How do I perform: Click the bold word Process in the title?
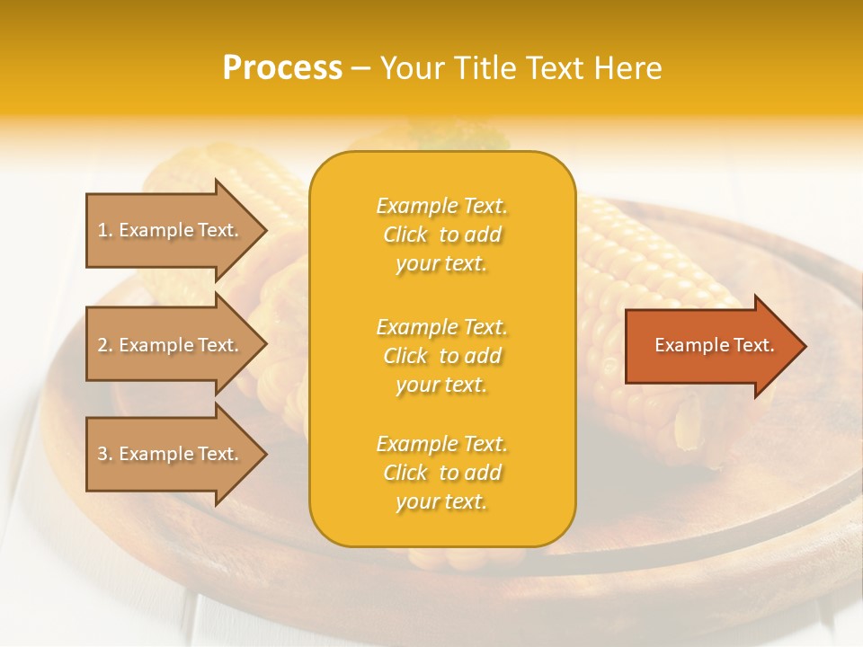click(282, 68)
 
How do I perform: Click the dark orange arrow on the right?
click(710, 345)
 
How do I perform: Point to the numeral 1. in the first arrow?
click(105, 230)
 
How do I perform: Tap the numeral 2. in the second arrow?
click(105, 345)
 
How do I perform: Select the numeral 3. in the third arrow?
click(105, 454)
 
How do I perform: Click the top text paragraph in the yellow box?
click(441, 235)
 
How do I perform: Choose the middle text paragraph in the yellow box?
click(441, 356)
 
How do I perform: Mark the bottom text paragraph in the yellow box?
click(441, 473)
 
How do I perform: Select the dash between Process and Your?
click(360, 68)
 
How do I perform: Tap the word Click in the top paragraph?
click(405, 235)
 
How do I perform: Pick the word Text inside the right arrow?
click(753, 345)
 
